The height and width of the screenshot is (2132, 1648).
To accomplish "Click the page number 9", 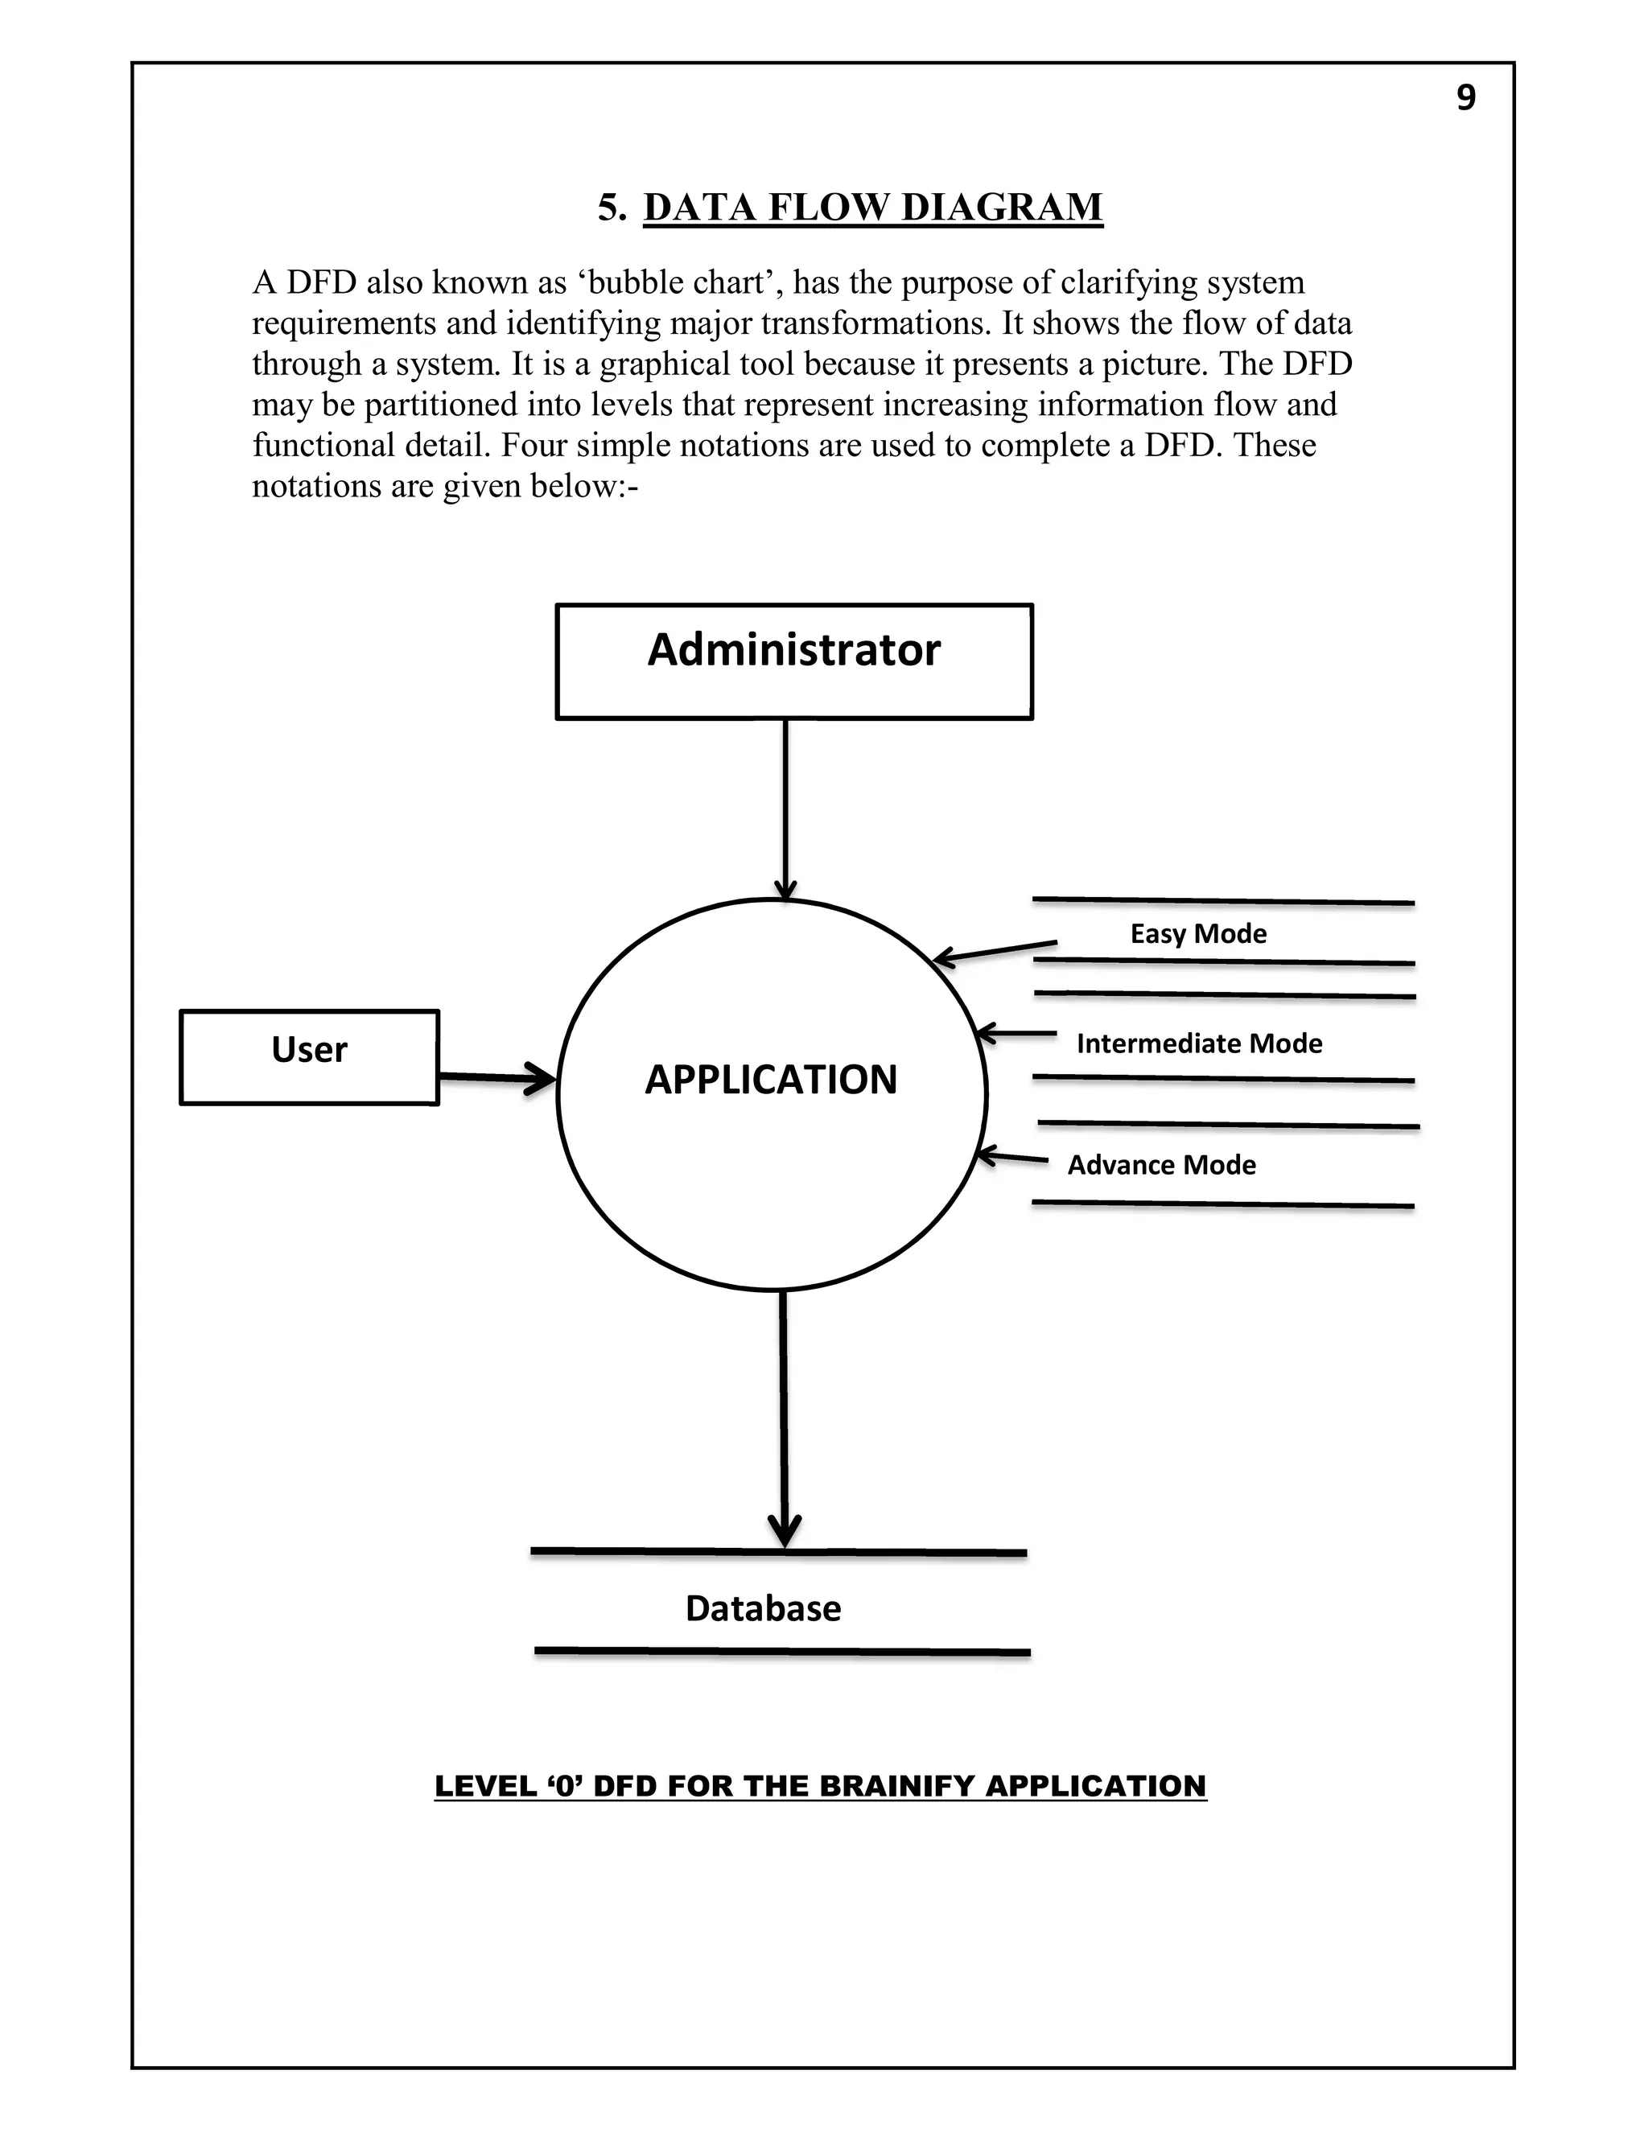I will pyautogui.click(x=1465, y=97).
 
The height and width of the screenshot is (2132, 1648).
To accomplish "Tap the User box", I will pyautogui.click(x=310, y=1056).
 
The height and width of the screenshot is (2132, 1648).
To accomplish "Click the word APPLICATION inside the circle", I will pyautogui.click(x=770, y=1080).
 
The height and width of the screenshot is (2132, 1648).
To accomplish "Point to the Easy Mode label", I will pyautogui.click(x=1198, y=934).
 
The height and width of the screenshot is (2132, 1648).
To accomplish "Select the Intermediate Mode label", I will pyautogui.click(x=1198, y=1043).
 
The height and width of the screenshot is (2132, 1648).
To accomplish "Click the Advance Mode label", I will pyautogui.click(x=1161, y=1165).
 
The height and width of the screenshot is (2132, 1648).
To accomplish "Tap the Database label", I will pyautogui.click(x=763, y=1607).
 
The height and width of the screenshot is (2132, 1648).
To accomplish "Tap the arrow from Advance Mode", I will pyautogui.click(x=1011, y=1158).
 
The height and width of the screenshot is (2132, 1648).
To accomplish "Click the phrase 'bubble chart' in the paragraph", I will pyautogui.click(x=678, y=283).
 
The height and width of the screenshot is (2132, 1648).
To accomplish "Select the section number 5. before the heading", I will pyautogui.click(x=612, y=207).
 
